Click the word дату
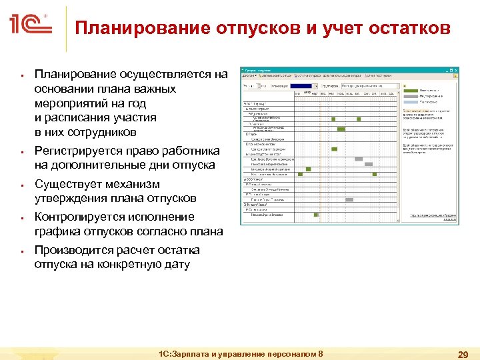[x=175, y=264]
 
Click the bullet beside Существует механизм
[x=22, y=185]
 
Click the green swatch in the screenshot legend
[x=410, y=90]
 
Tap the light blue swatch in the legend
[x=410, y=103]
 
